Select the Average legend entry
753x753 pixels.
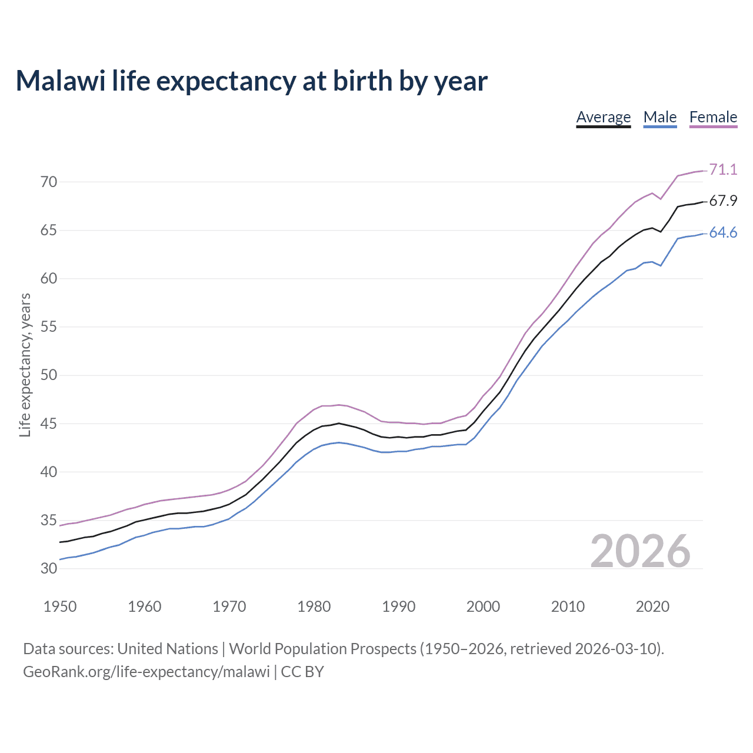pos(603,117)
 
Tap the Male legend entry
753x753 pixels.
pos(659,117)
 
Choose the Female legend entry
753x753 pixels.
pos(713,117)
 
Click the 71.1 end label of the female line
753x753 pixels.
pos(723,169)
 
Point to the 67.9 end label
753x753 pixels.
pos(723,201)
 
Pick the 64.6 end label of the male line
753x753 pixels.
pos(723,233)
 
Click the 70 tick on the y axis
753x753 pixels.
pos(49,182)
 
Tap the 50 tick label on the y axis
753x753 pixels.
pos(49,375)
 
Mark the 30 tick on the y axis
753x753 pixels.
pos(49,569)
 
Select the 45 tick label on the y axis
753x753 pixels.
pos(49,424)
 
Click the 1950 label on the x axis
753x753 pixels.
pos(60,607)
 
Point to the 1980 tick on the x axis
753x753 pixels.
pos(314,607)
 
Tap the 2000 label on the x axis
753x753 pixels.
pos(483,607)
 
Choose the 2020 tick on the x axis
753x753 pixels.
pos(652,607)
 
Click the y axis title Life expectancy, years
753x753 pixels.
pos(25,365)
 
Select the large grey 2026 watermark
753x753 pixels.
pos(640,551)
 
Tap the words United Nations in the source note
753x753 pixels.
pos(168,649)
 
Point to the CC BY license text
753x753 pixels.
pos(302,671)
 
